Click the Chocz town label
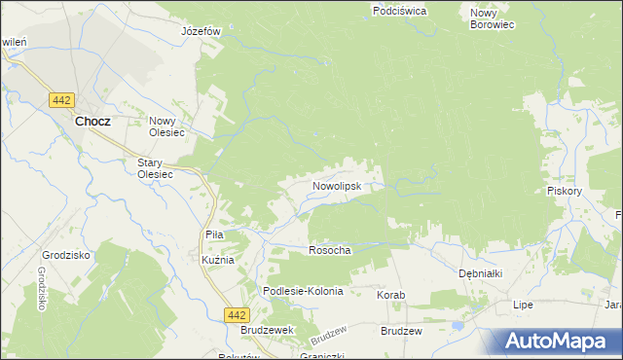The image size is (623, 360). point(92,122)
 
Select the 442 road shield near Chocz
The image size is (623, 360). point(62,99)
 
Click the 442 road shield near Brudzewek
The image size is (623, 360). point(236,314)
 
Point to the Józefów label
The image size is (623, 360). point(202,31)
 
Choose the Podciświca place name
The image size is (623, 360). point(400,11)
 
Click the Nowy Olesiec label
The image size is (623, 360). point(167,127)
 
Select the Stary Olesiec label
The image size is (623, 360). point(155,168)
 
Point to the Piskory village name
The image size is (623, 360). point(565,192)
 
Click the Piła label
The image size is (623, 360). point(215,234)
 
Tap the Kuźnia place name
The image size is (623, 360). point(218,261)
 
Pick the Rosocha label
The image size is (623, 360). point(329,250)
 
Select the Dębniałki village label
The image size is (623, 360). point(480,274)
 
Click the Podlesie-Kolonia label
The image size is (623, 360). point(304,291)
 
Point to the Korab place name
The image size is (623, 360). point(390,294)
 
